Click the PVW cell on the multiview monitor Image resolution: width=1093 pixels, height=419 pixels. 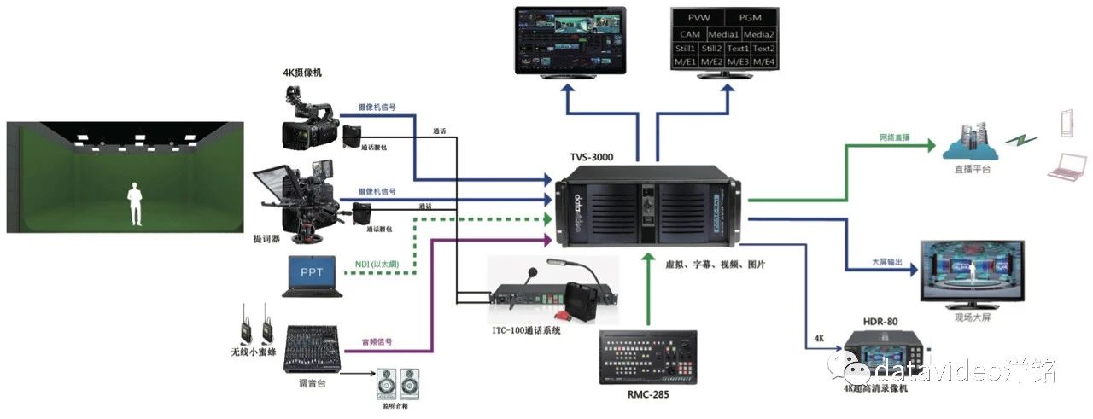pos(698,17)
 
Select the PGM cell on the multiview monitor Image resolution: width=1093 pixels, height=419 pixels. pos(751,17)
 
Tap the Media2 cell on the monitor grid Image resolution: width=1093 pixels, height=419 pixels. pos(758,34)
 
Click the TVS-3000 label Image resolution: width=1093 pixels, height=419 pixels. pos(591,157)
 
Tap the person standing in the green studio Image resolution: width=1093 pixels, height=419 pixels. pos(135,203)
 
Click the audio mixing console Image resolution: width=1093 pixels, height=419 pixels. pos(313,345)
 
